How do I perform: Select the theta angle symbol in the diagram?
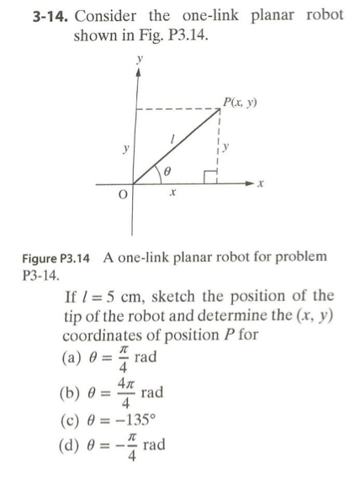[x=167, y=169]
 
